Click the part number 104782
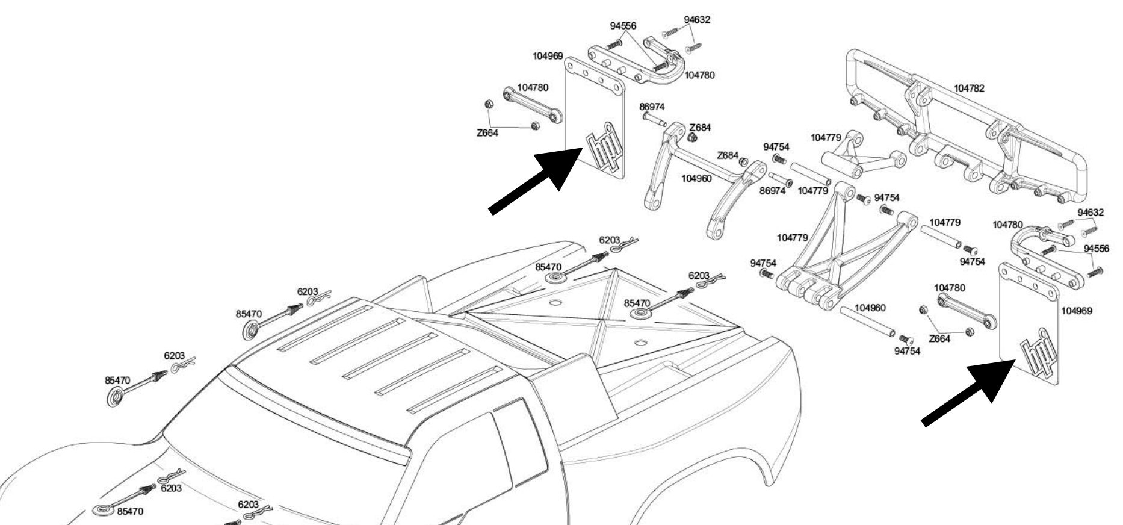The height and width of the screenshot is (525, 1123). (969, 89)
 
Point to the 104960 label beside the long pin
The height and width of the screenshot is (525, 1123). (870, 308)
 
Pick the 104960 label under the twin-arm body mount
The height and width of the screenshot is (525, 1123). (696, 179)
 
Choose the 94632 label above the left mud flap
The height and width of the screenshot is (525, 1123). (697, 20)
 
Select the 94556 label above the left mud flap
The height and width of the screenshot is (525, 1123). (623, 26)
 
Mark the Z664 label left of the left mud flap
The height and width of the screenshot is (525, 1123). (487, 133)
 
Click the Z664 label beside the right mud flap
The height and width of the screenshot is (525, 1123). (939, 339)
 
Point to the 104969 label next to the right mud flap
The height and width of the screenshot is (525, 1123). (1077, 311)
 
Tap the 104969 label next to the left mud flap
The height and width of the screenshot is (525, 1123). (548, 56)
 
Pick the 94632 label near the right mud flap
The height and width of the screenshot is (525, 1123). (1091, 213)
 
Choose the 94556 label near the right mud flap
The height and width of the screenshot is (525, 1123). (1096, 249)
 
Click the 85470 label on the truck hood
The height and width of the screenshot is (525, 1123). (130, 511)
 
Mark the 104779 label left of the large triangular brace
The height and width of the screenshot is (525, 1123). (792, 238)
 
